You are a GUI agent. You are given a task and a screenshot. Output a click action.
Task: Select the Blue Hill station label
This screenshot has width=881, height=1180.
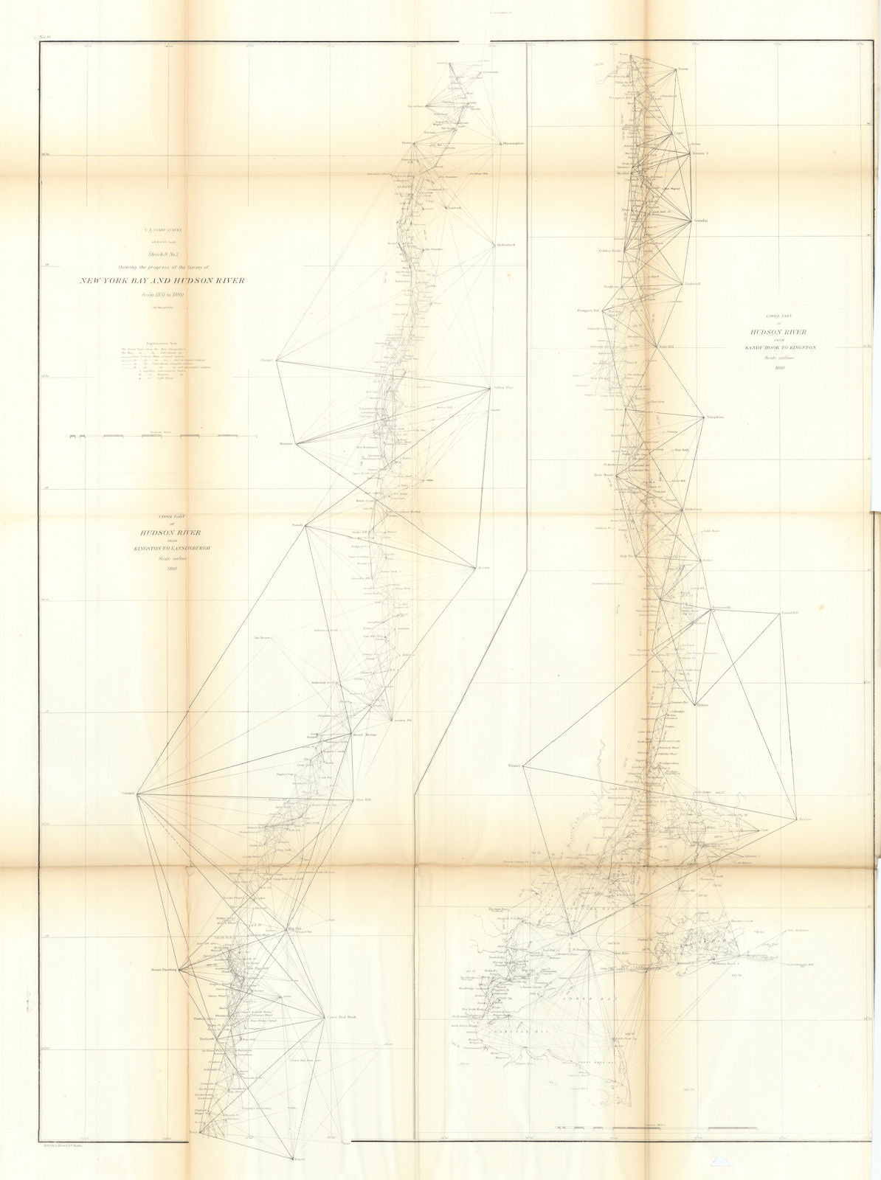361,799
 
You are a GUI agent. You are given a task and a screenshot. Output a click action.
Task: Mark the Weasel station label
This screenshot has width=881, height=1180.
514,766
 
